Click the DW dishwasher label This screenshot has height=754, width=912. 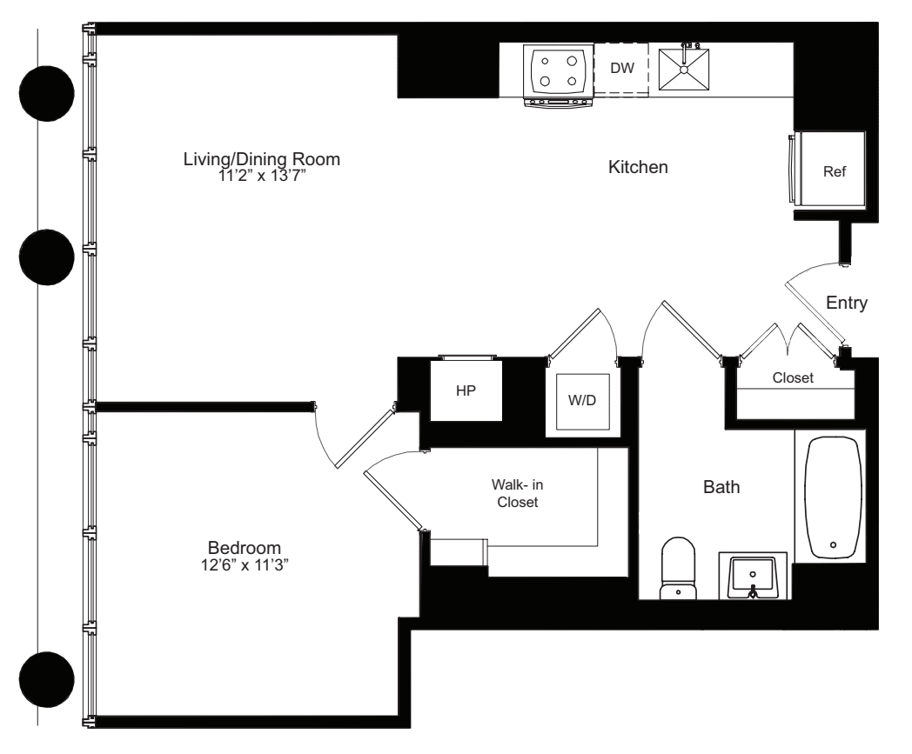[621, 69]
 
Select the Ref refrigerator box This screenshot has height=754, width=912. [833, 171]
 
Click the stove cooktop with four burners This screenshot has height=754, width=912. [557, 70]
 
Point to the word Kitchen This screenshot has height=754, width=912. [638, 168]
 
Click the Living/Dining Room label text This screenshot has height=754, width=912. [261, 160]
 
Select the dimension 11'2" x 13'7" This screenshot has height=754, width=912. [261, 175]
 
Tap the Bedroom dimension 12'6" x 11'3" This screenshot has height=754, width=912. [245, 564]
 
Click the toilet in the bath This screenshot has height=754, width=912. [679, 568]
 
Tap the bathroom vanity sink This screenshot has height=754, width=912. [754, 576]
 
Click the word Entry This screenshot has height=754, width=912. [847, 303]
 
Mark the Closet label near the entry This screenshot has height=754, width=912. [793, 378]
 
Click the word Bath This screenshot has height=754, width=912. [721, 487]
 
